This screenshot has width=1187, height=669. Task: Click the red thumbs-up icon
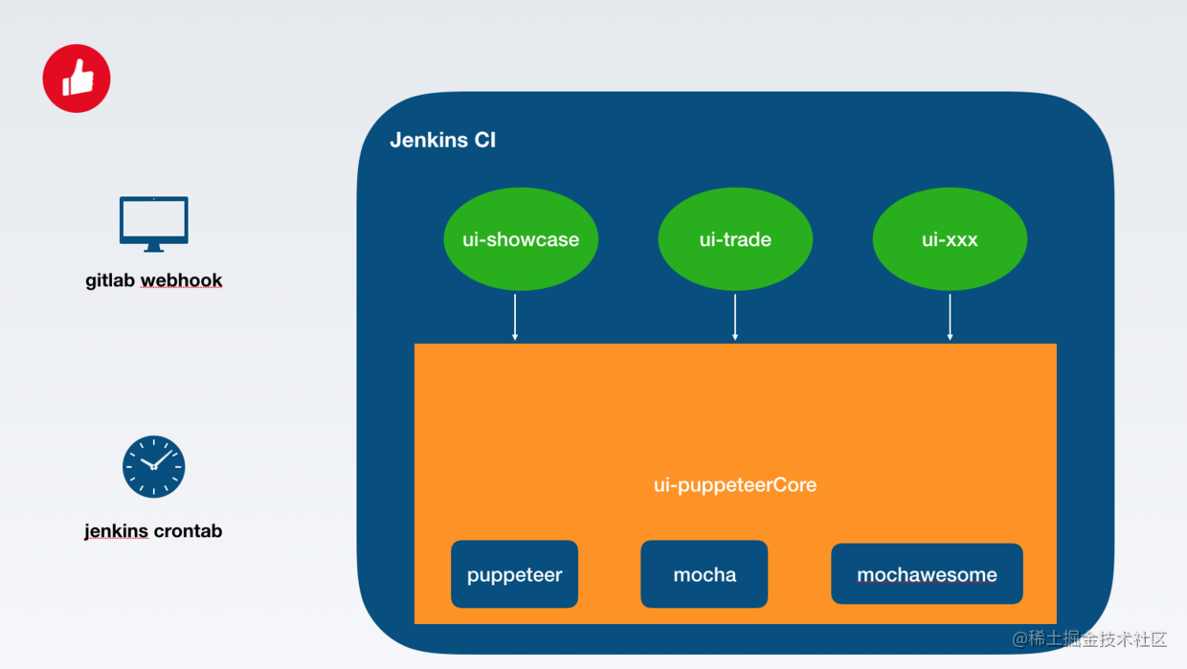[77, 78]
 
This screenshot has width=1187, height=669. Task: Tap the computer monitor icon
[154, 224]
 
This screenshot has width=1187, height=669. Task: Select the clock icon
[154, 467]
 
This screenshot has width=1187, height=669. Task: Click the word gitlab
[110, 280]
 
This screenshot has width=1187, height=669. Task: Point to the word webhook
[181, 280]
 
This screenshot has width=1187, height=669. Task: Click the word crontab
[188, 531]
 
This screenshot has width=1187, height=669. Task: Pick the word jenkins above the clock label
[116, 531]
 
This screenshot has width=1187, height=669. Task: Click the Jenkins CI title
[443, 140]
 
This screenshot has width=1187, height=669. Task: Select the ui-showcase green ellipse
[521, 239]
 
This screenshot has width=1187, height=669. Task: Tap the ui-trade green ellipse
[735, 239]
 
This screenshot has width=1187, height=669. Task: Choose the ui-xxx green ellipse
[950, 239]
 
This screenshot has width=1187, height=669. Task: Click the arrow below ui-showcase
[515, 317]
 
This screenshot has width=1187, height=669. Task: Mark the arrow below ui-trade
[735, 317]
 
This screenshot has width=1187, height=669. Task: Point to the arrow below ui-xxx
[950, 317]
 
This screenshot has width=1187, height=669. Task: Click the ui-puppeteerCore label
[735, 485]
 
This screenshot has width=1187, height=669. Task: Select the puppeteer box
[515, 574]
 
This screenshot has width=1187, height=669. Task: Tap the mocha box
[705, 574]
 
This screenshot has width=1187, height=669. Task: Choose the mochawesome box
[927, 574]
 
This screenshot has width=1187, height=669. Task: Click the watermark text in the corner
[1089, 639]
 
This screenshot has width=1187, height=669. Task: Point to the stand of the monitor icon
[154, 248]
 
